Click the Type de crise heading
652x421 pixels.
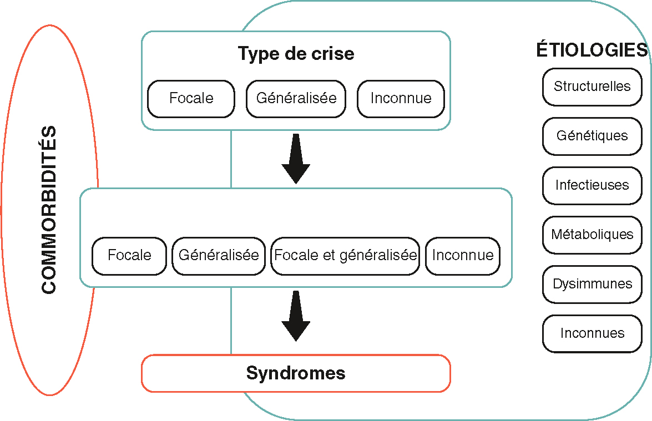click(x=296, y=54)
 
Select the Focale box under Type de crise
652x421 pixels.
click(x=191, y=99)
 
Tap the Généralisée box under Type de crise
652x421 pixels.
click(x=296, y=99)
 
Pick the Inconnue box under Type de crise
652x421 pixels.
click(x=401, y=99)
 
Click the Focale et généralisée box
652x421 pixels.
click(x=345, y=256)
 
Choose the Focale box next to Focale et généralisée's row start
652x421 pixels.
click(x=129, y=256)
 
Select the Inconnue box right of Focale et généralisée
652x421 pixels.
click(x=462, y=256)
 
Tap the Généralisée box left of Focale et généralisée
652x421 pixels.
click(x=219, y=256)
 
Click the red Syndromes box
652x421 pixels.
click(x=296, y=373)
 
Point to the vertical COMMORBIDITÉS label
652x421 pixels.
click(x=49, y=210)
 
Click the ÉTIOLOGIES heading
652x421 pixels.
click(x=592, y=50)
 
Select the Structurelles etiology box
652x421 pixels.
click(x=592, y=87)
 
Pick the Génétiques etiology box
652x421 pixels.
click(x=592, y=136)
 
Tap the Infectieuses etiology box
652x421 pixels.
click(x=592, y=185)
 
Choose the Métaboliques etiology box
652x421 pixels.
click(x=592, y=235)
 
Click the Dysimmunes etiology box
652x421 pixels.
click(x=592, y=284)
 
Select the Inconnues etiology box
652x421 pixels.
click(x=592, y=333)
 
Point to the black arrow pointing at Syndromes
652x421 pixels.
click(x=296, y=317)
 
